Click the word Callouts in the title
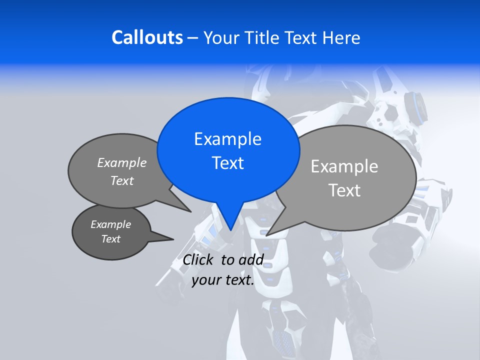[147, 37]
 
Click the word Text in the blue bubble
[227, 163]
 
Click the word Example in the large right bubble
[344, 166]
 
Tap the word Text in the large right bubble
[344, 190]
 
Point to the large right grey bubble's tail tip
[267, 235]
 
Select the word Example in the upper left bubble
[122, 163]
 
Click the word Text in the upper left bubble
[122, 181]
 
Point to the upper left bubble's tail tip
[190, 211]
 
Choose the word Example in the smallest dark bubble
[110, 224]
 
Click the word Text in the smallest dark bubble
[110, 239]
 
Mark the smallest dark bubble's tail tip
[173, 239]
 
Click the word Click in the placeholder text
[199, 259]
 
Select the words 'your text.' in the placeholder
[223, 280]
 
